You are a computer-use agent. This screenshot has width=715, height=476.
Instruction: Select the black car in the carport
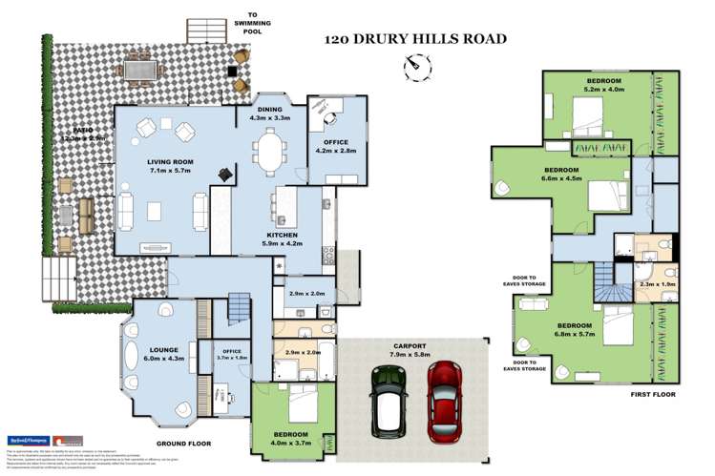click(390, 398)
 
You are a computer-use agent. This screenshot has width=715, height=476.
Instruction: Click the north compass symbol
click(412, 66)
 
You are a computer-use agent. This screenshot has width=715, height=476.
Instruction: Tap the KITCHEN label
click(282, 235)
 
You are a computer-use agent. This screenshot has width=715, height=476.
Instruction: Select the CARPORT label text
click(412, 346)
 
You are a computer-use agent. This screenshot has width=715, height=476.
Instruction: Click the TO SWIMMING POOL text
click(253, 22)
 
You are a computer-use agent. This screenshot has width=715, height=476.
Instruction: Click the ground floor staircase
click(238, 311)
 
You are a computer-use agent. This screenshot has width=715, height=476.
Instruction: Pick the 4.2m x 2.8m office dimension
click(336, 149)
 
